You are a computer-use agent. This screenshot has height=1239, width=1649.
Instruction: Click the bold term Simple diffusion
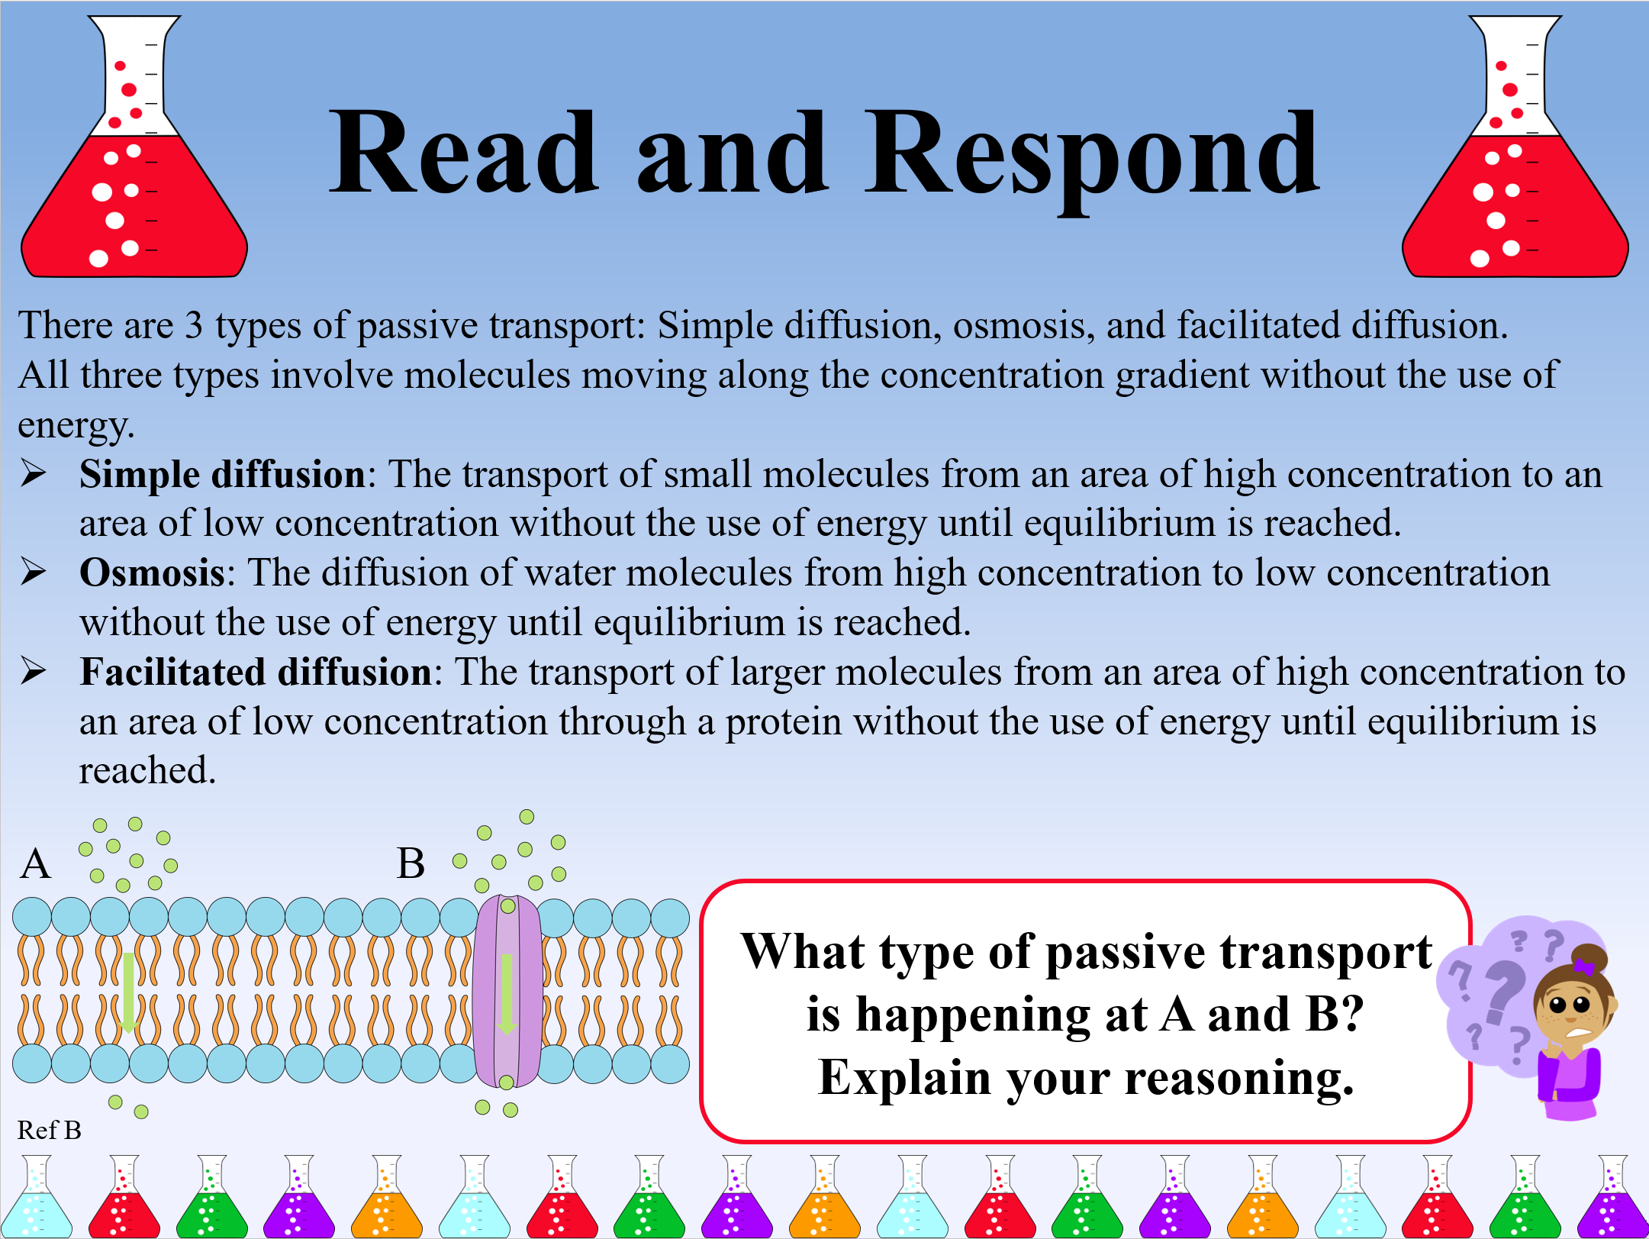[x=222, y=475]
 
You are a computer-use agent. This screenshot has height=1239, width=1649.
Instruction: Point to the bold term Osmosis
[x=152, y=573]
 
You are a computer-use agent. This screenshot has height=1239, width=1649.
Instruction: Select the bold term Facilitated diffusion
[x=256, y=673]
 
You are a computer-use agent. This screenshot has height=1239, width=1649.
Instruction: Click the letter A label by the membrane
[x=36, y=864]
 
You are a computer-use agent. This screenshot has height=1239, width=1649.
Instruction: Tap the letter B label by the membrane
[x=411, y=864]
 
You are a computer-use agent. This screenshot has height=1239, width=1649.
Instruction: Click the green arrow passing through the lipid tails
[x=128, y=992]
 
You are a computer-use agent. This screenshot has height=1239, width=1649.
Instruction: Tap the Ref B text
[x=50, y=1130]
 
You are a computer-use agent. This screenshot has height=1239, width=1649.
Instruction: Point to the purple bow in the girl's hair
[x=1585, y=967]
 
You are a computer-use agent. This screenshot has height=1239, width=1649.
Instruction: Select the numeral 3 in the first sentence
[x=194, y=326]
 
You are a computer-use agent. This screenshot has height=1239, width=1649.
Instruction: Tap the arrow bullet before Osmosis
[x=34, y=572]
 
